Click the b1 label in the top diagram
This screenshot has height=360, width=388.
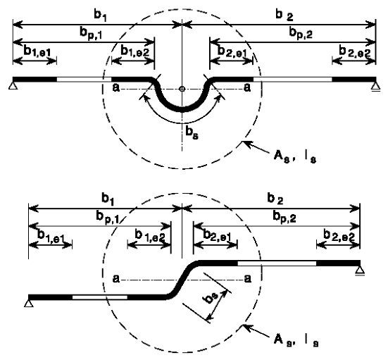coord(100,15)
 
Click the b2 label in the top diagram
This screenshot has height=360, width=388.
coord(284,15)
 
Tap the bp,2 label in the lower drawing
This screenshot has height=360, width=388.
coord(284,217)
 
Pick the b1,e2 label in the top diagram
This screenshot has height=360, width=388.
coord(135,51)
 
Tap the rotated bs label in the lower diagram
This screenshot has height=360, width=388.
coord(211,298)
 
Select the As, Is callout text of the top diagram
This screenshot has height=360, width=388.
coord(295,156)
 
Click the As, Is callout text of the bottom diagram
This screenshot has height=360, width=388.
coord(296,340)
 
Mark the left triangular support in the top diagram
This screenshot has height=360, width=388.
coord(13,86)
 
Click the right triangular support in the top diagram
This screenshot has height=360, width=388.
coord(376,87)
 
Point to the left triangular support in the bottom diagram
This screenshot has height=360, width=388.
coord(29,303)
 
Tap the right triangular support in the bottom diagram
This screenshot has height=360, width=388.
coord(360,271)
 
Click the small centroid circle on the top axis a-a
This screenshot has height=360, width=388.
coord(182,89)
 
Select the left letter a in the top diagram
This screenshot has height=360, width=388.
coord(116,87)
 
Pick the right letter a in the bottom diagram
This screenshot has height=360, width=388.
coord(247,279)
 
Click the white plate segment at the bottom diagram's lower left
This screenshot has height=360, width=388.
coord(100,297)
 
